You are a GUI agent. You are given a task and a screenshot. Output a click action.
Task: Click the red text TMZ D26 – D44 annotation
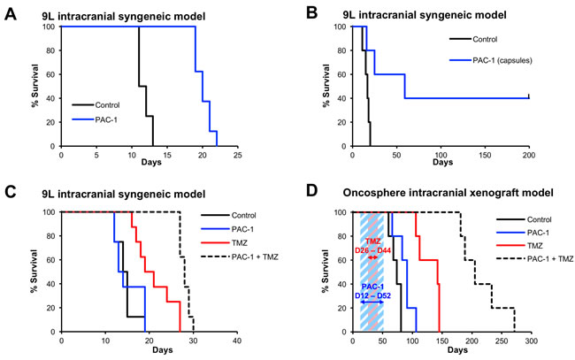pos(376,250)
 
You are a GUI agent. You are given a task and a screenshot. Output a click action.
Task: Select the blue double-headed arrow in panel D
pos(375,303)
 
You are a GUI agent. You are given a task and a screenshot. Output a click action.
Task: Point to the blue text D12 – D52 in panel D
pos(375,293)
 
